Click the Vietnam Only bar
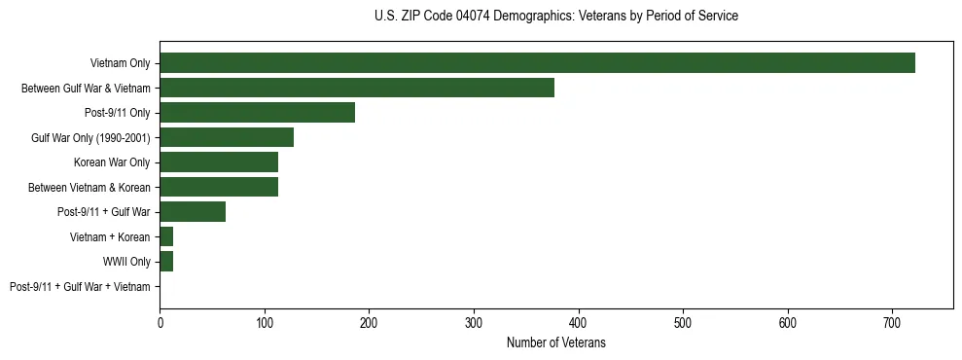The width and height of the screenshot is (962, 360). point(537,63)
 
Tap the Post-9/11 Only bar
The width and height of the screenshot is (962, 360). point(257,113)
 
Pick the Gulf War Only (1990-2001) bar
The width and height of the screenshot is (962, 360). point(227,137)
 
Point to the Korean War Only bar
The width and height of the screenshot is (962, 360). point(219,162)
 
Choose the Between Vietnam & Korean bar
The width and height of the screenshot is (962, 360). point(219,187)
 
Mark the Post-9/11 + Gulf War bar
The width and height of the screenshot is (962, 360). point(193,212)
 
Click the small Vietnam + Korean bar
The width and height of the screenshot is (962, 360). point(166,236)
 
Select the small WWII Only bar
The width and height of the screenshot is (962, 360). point(166,262)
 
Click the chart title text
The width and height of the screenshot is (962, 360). point(555,17)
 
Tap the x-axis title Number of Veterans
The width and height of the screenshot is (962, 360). point(555,342)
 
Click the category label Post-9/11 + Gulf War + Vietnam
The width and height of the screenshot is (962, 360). point(80,286)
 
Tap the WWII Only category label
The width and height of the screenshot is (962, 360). point(126,262)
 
